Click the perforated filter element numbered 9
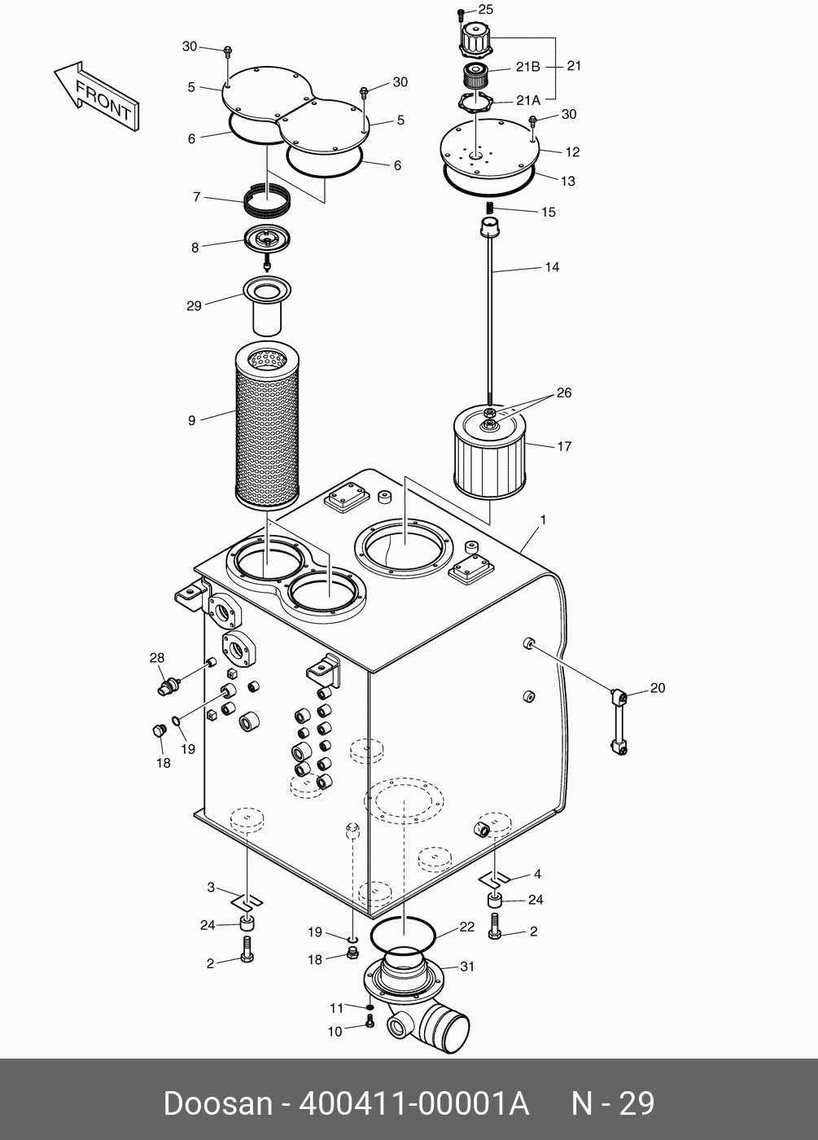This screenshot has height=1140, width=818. [x=267, y=425]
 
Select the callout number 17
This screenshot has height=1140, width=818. [x=564, y=446]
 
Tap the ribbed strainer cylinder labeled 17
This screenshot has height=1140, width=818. [x=490, y=456]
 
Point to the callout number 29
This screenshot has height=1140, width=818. [x=194, y=305]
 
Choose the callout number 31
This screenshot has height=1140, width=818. [x=466, y=967]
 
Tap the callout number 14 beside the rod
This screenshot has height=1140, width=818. [x=552, y=266]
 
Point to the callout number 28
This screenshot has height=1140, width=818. [x=156, y=657]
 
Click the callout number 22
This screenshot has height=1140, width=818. [x=466, y=927]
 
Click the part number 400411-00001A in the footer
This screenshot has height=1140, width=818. [x=415, y=1104]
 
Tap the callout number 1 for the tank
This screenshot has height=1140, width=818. [x=543, y=520]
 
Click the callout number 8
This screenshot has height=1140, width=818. [x=195, y=248]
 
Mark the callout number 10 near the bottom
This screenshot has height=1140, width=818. [x=335, y=1032]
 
